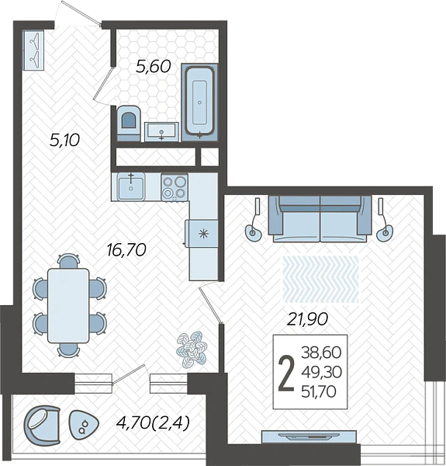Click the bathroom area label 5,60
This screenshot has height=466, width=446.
(x=153, y=66)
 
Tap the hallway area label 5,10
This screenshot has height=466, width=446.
(x=64, y=140)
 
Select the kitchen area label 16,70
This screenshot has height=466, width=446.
(x=126, y=249)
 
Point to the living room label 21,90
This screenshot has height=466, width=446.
(x=308, y=319)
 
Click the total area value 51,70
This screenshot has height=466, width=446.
(x=319, y=391)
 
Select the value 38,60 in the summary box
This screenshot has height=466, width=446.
(x=321, y=353)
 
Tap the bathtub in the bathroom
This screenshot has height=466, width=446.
(x=199, y=102)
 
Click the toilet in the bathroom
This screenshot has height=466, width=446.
(x=129, y=123)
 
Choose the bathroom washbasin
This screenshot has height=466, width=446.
(x=161, y=132)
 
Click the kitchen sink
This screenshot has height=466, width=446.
(x=131, y=187)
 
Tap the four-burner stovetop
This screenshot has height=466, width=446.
(x=175, y=187)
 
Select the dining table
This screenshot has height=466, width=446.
(x=68, y=305)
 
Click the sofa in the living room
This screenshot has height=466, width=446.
(x=320, y=218)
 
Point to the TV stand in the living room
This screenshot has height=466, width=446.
(x=309, y=436)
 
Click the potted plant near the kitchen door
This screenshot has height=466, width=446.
(x=192, y=349)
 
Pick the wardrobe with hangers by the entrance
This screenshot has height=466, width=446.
(x=33, y=50)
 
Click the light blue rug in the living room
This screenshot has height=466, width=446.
(x=321, y=279)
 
